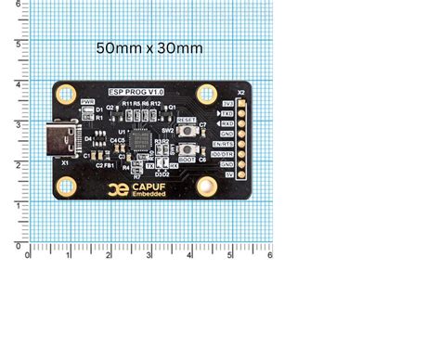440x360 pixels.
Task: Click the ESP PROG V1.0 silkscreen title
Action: coord(136,93)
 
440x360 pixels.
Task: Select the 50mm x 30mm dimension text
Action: coord(149,46)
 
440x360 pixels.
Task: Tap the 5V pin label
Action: coord(227,174)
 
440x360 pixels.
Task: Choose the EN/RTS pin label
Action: coord(223,144)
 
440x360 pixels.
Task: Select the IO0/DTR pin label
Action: coord(223,154)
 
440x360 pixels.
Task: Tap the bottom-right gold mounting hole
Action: coord(208,189)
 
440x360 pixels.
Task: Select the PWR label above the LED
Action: coord(87,101)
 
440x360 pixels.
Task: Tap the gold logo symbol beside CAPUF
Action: coord(117,189)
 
